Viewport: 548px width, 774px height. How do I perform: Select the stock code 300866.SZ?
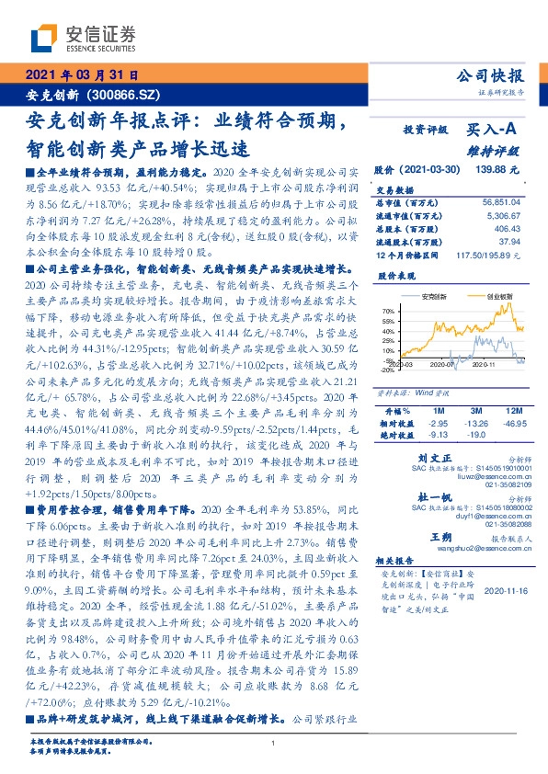pos(128,94)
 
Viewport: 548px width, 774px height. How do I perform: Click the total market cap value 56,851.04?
pos(502,200)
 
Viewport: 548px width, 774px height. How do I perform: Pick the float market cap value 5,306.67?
pos(505,212)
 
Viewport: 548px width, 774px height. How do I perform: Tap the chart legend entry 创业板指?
pos(499,297)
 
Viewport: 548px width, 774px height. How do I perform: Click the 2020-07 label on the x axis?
pos(443,365)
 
